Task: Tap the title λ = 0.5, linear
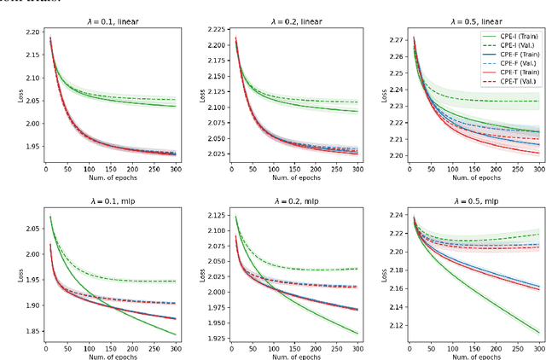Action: (464, 21)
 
